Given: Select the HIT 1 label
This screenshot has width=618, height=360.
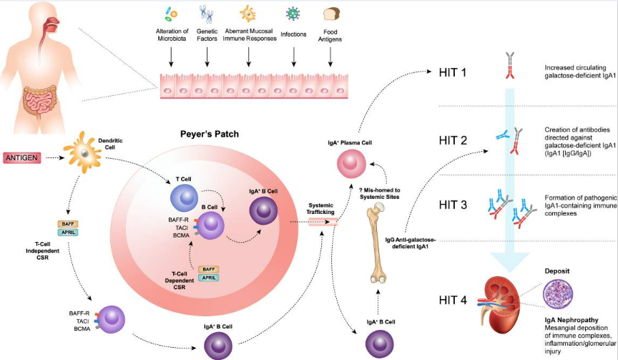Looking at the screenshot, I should [455, 72].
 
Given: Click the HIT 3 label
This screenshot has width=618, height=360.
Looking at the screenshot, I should [455, 204].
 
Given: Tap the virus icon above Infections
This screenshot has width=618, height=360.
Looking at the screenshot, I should [292, 14].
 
